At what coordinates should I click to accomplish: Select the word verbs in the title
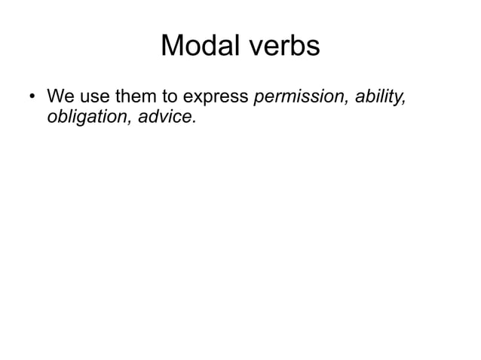[x=283, y=47]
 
